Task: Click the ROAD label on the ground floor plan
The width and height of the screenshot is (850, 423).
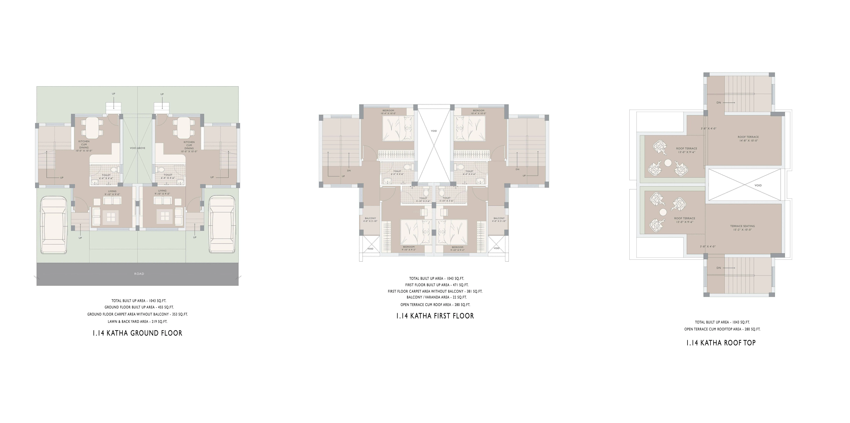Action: tap(139, 274)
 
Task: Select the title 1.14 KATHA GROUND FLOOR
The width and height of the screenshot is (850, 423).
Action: tap(137, 333)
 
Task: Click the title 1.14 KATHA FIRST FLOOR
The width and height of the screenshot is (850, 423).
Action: tap(435, 316)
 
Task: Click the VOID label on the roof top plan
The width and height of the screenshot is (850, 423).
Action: tap(758, 185)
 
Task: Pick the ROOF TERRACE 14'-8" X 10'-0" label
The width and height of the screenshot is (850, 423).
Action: tap(748, 139)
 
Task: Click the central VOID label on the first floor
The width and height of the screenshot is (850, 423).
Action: tap(434, 131)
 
